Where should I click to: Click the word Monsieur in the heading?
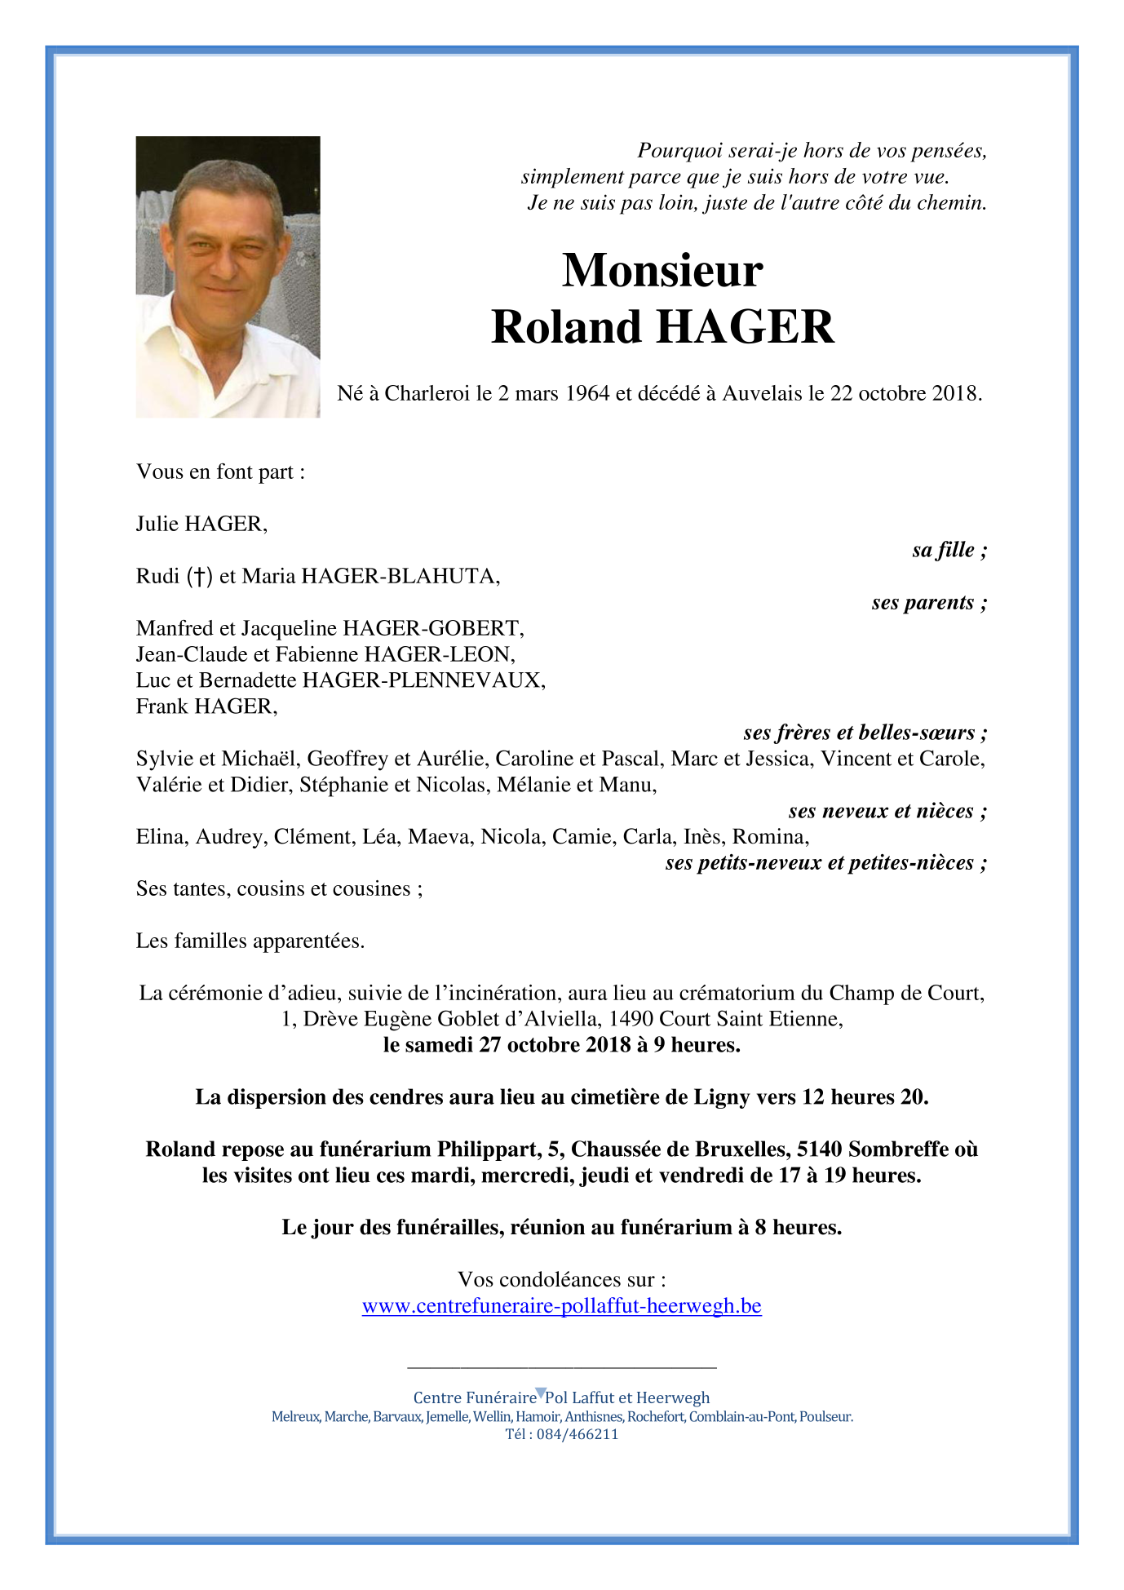point(662,270)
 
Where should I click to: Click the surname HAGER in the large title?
point(746,327)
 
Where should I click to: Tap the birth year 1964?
point(587,393)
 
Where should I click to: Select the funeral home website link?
point(561,1305)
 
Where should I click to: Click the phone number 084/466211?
point(577,1433)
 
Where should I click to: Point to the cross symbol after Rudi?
point(199,577)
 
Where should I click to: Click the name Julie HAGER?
point(201,524)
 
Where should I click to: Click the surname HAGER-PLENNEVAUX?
point(423,680)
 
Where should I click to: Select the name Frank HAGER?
point(206,706)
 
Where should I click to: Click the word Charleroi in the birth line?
point(427,393)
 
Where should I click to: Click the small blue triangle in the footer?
point(540,1393)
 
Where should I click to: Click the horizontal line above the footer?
point(561,1366)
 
